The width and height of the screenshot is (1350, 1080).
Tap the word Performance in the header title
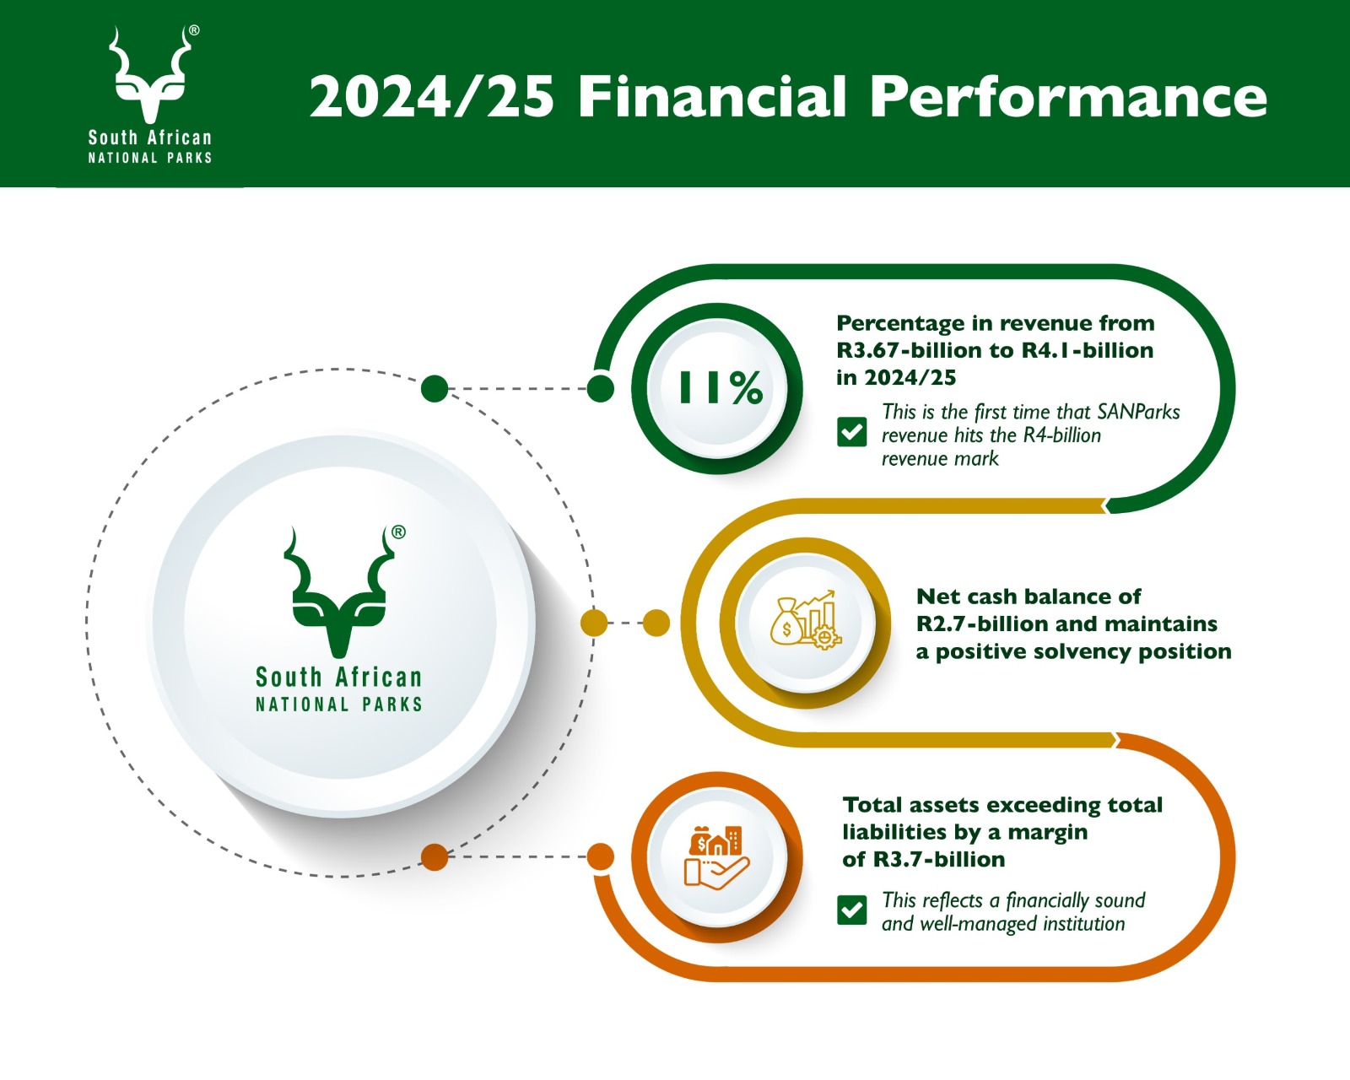click(x=1068, y=97)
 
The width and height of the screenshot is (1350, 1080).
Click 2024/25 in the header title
click(x=432, y=97)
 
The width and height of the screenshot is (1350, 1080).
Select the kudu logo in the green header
click(x=150, y=74)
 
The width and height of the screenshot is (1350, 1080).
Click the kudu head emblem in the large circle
click(x=338, y=591)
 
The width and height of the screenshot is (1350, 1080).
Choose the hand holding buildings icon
click(x=716, y=857)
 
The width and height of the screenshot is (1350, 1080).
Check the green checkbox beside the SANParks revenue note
click(x=852, y=432)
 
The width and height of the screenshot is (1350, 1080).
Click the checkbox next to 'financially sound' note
click(x=852, y=910)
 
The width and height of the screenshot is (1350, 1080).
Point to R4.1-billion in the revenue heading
click(x=1088, y=350)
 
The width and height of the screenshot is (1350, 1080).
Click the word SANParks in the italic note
click(x=1138, y=412)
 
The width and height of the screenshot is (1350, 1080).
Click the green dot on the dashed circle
click(x=435, y=389)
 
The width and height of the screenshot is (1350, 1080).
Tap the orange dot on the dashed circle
click(x=435, y=857)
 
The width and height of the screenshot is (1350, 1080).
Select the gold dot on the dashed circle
click(x=594, y=624)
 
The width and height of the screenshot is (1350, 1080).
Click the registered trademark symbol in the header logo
click(x=194, y=30)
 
